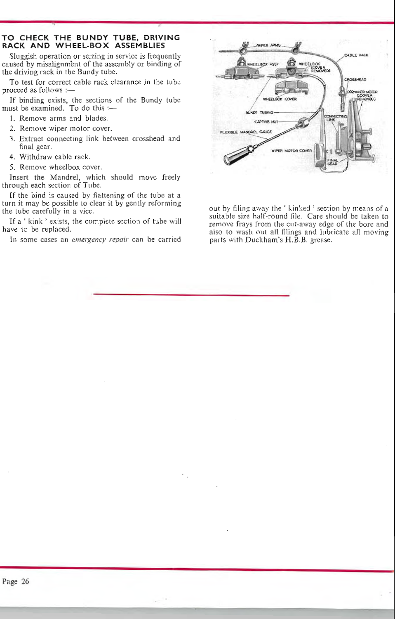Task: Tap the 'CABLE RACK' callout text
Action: pyautogui.click(x=356, y=55)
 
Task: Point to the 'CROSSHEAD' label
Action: pyautogui.click(x=355, y=79)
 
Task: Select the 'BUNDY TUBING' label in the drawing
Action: pyautogui.click(x=259, y=112)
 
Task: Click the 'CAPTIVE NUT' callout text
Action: pyautogui.click(x=266, y=122)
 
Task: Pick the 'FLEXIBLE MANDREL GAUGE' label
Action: pyautogui.click(x=246, y=132)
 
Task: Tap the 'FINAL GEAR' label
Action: pyautogui.click(x=332, y=162)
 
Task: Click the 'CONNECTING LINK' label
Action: pyautogui.click(x=335, y=118)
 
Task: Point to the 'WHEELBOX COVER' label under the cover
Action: pyautogui.click(x=280, y=99)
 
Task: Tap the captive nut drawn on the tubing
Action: pyautogui.click(x=304, y=123)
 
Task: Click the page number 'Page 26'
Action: pyautogui.click(x=16, y=581)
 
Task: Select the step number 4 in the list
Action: pyautogui.click(x=12, y=157)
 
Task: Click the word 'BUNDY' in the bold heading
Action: pyautogui.click(x=90, y=38)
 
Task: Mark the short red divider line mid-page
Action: pyautogui.click(x=191, y=295)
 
